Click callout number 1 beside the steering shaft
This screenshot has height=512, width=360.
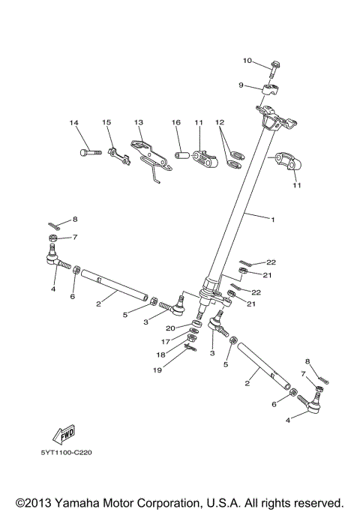pos(272,220)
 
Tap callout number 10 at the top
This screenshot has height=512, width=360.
pos(247,60)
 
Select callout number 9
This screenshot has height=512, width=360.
pos(241,85)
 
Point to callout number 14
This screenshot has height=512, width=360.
pos(74,122)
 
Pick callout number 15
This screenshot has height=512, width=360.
pos(106,122)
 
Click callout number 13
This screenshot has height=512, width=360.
pos(138,122)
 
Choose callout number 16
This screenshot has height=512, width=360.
pos(176,122)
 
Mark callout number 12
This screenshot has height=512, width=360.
pos(219,122)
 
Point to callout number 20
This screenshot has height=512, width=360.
pos(172,328)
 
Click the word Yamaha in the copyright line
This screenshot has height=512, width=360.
pos(72,502)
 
